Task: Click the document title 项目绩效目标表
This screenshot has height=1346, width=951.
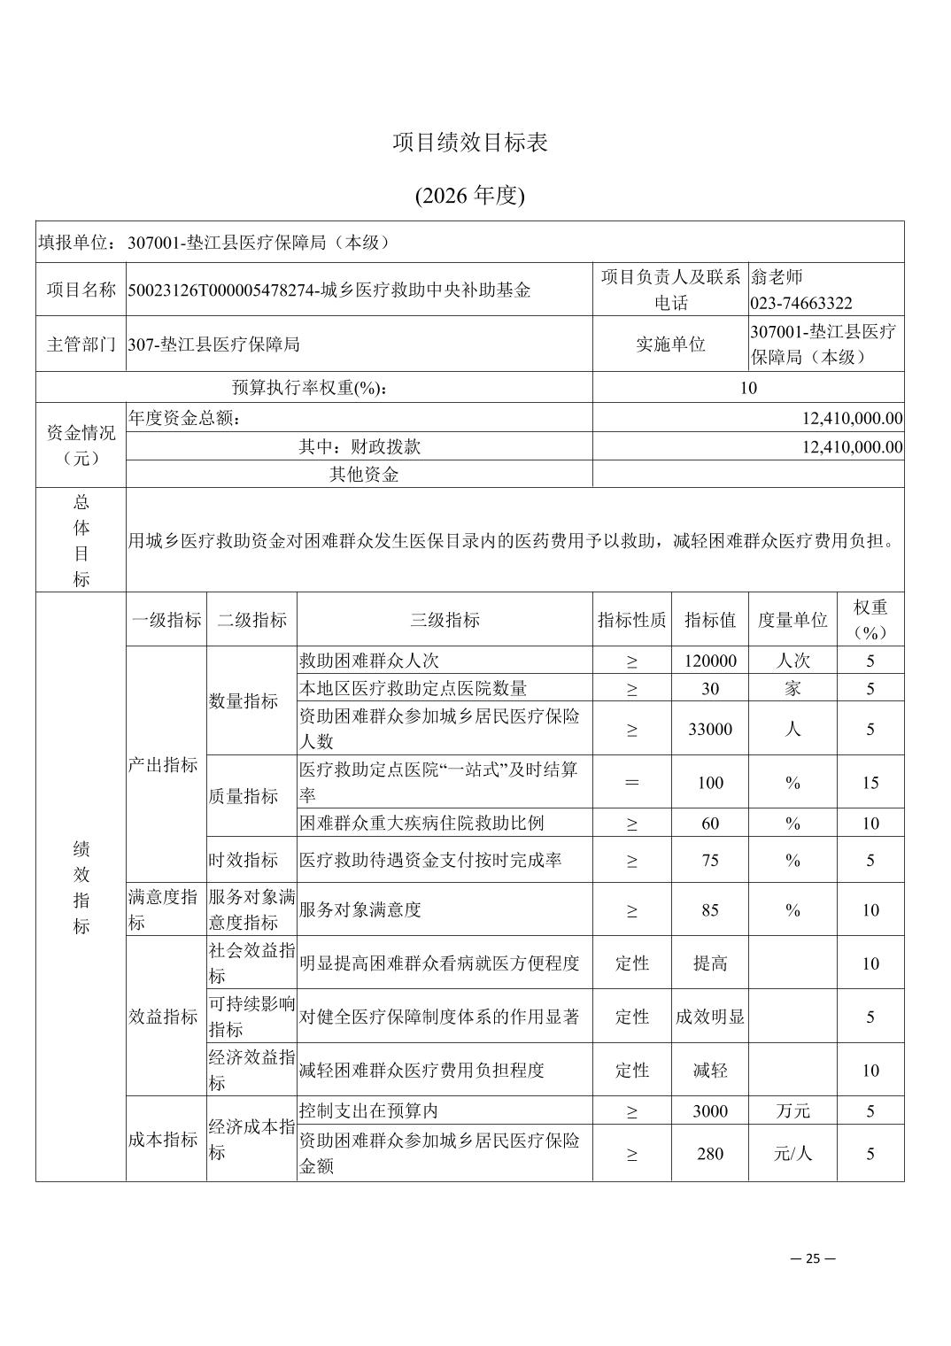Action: pos(470,143)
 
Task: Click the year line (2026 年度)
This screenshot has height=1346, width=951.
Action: pos(470,196)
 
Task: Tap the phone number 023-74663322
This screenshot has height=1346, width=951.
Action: pos(801,303)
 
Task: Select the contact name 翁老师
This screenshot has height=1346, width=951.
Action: pos(777,277)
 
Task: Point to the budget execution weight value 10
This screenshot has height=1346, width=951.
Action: pos(748,387)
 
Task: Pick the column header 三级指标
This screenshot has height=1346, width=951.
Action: pos(445,619)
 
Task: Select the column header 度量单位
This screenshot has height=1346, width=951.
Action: pos(792,619)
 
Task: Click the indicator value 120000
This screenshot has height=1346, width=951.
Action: pos(710,661)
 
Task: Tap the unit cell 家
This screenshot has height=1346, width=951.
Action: pos(792,688)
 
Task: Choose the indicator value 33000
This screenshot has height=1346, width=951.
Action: pos(710,729)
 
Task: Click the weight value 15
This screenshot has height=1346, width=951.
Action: pos(870,782)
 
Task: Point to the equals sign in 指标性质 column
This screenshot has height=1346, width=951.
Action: pos(631,782)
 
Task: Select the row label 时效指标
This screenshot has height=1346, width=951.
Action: pos(244,860)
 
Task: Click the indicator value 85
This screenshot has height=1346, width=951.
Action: pos(710,909)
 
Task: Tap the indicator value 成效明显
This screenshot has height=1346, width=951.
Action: pos(710,1017)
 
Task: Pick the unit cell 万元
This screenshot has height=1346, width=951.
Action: pos(792,1110)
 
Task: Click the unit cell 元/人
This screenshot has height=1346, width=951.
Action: pos(792,1153)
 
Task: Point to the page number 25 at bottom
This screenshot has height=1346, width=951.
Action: pos(813,1258)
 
